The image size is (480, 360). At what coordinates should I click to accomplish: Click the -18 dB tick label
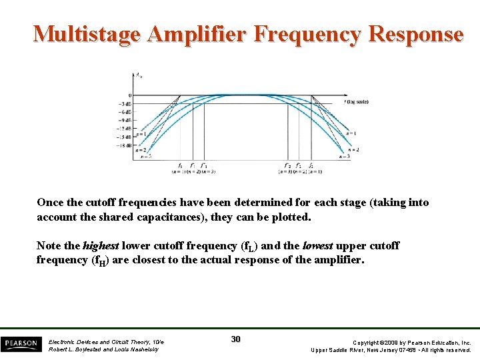tap(125, 145)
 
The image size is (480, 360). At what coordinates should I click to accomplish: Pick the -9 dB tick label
tap(125, 119)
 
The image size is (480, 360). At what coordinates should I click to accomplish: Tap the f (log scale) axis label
tap(356, 102)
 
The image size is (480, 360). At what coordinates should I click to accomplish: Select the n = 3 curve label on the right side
tap(344, 157)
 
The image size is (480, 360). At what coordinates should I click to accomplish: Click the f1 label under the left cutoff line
tap(180, 165)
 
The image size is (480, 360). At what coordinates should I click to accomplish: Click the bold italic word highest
tap(100, 245)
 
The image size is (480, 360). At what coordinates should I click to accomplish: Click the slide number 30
tap(235, 339)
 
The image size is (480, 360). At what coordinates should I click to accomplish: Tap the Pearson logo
tap(20, 343)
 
